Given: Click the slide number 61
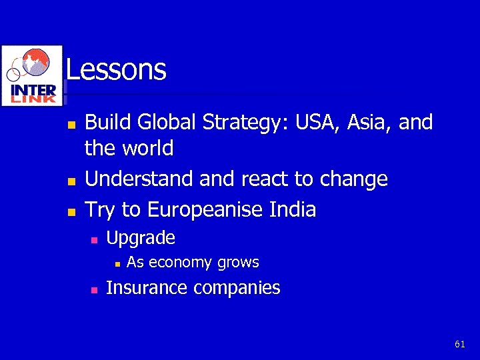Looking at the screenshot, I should click(x=459, y=344).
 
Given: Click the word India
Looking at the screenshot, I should click(x=291, y=210).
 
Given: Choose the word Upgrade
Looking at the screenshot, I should click(x=141, y=238).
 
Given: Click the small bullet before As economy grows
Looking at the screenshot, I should click(x=116, y=264).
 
